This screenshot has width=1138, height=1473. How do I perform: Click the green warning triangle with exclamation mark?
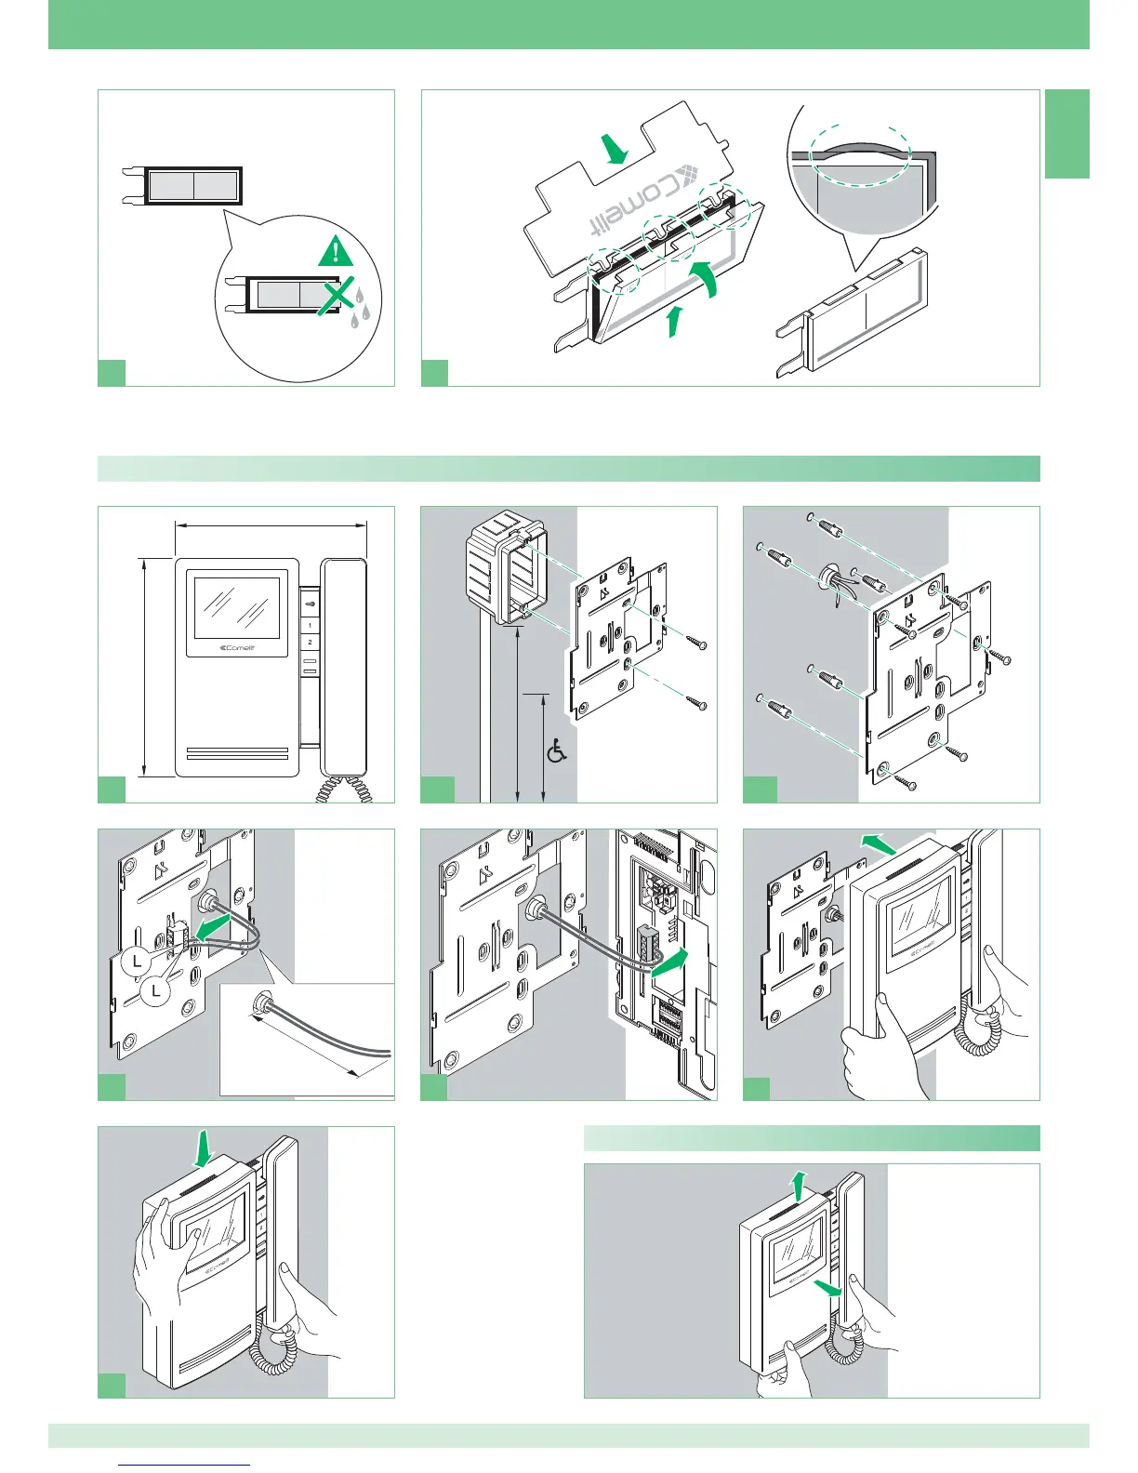[335, 251]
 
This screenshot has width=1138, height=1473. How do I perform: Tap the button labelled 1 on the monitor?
[310, 625]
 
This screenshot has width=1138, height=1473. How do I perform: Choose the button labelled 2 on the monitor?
[310, 643]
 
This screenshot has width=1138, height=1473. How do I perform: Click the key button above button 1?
[310, 604]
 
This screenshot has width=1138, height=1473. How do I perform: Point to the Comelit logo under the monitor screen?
[236, 648]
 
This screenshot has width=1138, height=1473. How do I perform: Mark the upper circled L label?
[137, 962]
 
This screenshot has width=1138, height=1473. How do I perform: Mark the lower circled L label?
[157, 992]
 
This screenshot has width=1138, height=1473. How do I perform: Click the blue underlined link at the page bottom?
[186, 1465]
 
